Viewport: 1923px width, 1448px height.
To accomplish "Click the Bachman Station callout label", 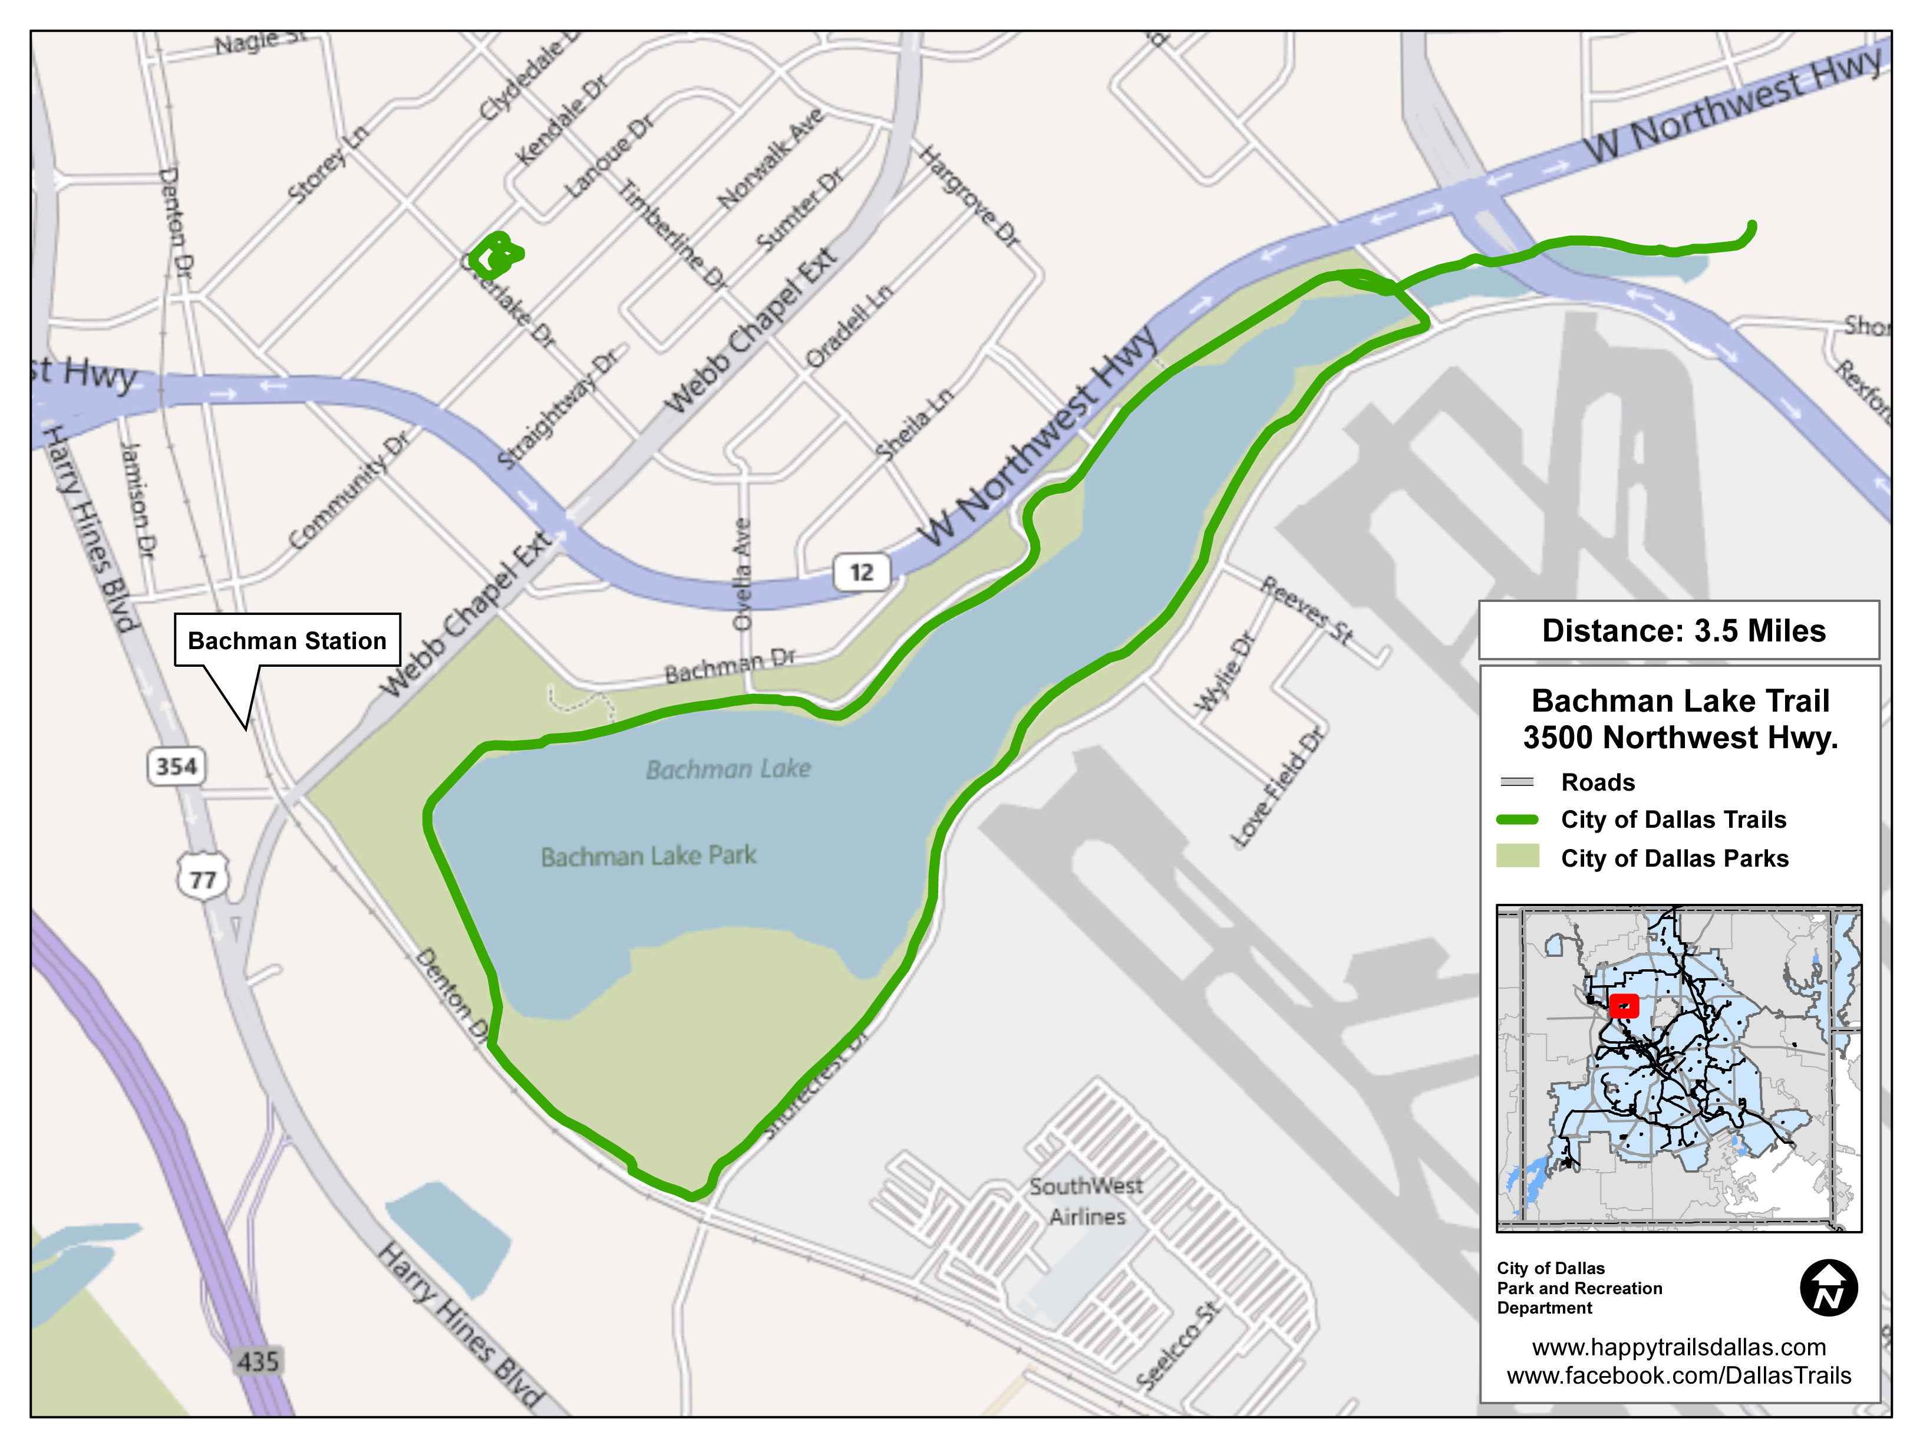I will tap(287, 640).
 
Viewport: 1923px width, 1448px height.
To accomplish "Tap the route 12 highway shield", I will tap(860, 572).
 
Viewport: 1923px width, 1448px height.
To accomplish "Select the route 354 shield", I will tap(176, 766).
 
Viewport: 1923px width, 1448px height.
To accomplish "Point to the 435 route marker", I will tap(258, 1360).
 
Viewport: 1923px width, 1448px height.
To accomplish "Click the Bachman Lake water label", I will tap(728, 769).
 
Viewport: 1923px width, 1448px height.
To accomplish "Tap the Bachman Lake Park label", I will tap(648, 855).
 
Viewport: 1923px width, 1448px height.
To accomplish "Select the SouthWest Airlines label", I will tap(1087, 1201).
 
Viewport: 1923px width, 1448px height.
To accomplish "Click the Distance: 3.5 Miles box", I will tap(1683, 630).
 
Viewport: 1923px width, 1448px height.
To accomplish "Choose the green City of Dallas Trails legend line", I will tap(1518, 820).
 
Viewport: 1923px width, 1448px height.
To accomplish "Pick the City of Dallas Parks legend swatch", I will tap(1518, 857).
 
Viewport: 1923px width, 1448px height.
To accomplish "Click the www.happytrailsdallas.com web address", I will tap(1678, 1347).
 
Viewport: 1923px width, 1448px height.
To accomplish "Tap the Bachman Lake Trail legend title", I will tap(1680, 718).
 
